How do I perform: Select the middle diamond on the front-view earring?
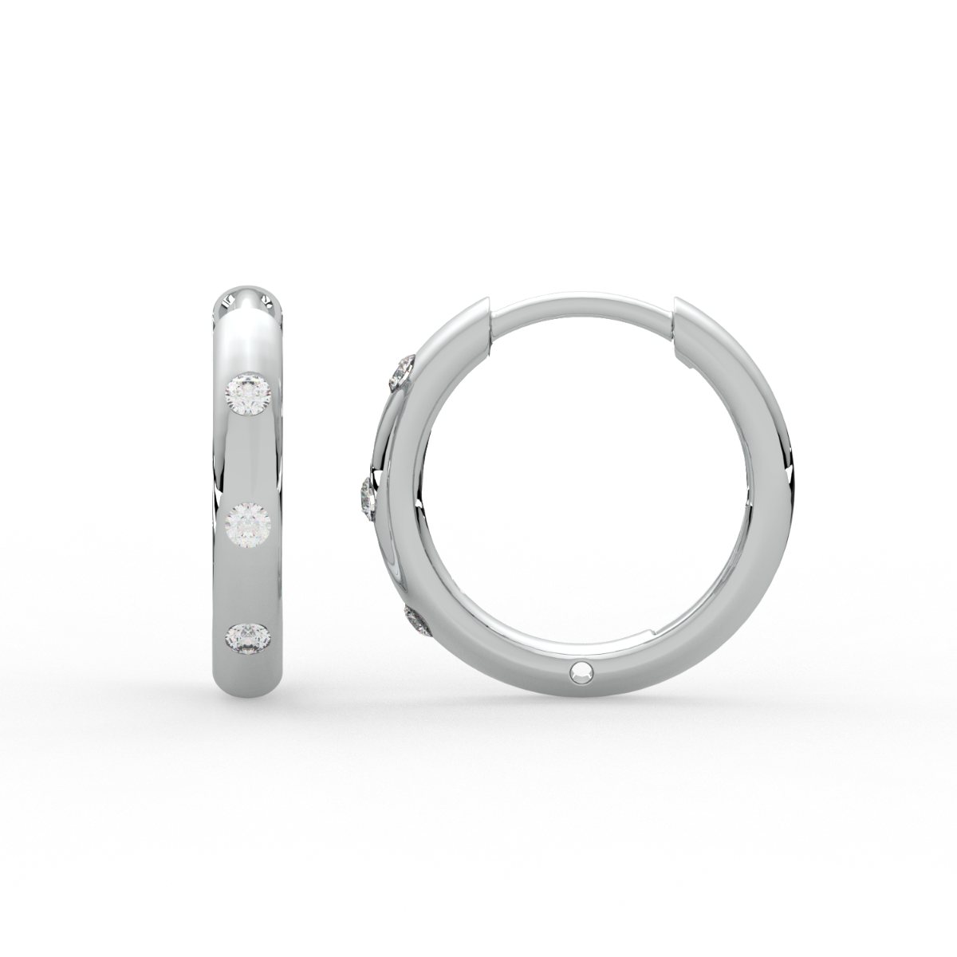tap(250, 524)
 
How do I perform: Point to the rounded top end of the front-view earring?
tap(250, 299)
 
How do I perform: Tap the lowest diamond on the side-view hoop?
tap(418, 621)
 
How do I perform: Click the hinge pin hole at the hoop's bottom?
tap(580, 673)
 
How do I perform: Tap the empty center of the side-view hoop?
tap(582, 494)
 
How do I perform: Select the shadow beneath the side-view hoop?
tap(582, 730)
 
